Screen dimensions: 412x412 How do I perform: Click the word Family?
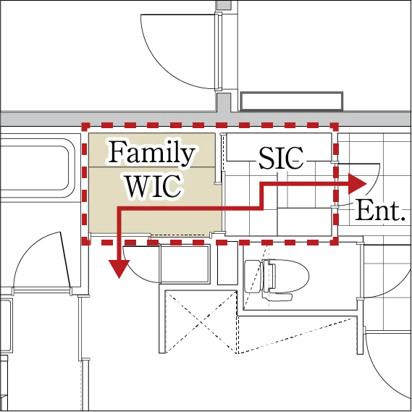pyautogui.click(x=151, y=153)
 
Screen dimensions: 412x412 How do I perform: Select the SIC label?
pyautogui.click(x=281, y=158)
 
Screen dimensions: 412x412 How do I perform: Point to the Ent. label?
pyautogui.click(x=379, y=211)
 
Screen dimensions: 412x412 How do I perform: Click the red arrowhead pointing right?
pyautogui.click(x=358, y=184)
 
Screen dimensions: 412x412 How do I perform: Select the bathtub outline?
pyautogui.click(x=36, y=168)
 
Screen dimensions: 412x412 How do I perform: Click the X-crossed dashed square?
pyautogui.click(x=201, y=322)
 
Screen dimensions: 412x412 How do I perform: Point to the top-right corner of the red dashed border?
pyautogui.click(x=335, y=127)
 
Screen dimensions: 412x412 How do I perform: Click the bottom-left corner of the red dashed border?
pyautogui.click(x=85, y=242)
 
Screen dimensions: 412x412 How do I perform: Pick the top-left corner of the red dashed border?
pyautogui.click(x=85, y=127)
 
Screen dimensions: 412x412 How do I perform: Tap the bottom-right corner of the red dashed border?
pyautogui.click(x=335, y=242)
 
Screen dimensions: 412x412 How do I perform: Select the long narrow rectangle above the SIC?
pyautogui.click(x=292, y=101)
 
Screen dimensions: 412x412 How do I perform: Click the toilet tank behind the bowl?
pyautogui.click(x=253, y=276)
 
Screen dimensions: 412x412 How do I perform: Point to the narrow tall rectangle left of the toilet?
pyautogui.click(x=228, y=263)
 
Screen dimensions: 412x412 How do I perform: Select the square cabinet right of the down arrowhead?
pyautogui.click(x=185, y=264)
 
